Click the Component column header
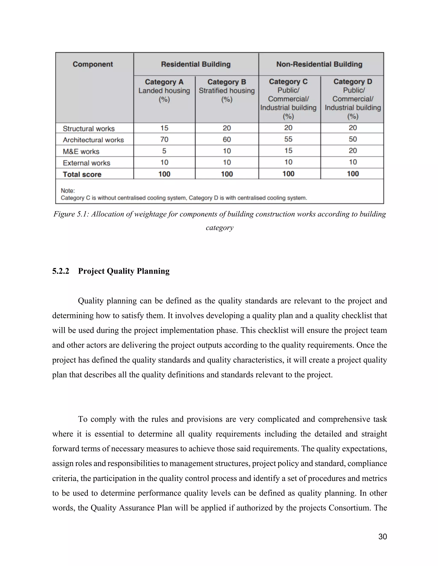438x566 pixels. (x=93, y=64)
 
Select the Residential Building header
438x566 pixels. (x=196, y=64)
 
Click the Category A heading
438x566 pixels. (x=164, y=82)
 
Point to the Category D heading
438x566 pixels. (x=353, y=82)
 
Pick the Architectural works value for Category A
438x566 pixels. (x=164, y=139)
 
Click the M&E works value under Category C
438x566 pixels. (x=288, y=151)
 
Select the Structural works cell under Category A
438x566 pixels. (x=164, y=128)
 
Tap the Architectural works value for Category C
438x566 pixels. (x=288, y=139)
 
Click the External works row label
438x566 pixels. (x=86, y=163)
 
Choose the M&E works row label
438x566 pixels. (x=81, y=152)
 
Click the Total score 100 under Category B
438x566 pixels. (x=226, y=174)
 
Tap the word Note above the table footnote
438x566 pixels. (x=67, y=191)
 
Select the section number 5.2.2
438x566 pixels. (x=61, y=271)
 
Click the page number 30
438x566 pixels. (x=382, y=537)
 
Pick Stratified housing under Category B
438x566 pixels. (x=226, y=91)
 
